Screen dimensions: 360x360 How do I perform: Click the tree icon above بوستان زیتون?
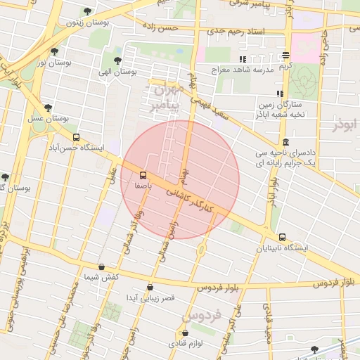tap(87, 11)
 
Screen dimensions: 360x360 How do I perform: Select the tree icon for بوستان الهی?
tap(117, 60)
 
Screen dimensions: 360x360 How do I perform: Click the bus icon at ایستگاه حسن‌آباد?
tap(76, 138)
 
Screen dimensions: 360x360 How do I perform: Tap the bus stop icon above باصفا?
tap(143, 174)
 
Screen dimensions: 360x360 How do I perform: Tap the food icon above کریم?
tap(285, 55)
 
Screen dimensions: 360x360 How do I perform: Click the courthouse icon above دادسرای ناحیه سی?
tap(284, 141)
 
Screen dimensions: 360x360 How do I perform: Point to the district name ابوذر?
tap(345, 124)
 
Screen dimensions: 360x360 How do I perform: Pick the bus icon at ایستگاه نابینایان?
tap(283, 237)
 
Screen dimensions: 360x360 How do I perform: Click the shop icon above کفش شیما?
tap(103, 266)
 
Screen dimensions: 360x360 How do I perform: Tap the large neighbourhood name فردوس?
tap(205, 316)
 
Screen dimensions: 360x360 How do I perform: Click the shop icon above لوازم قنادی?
tap(186, 333)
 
